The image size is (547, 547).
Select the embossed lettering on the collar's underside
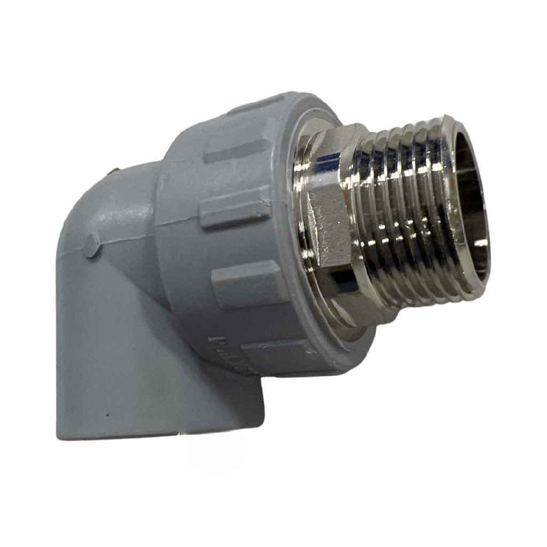pos(224,348)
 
